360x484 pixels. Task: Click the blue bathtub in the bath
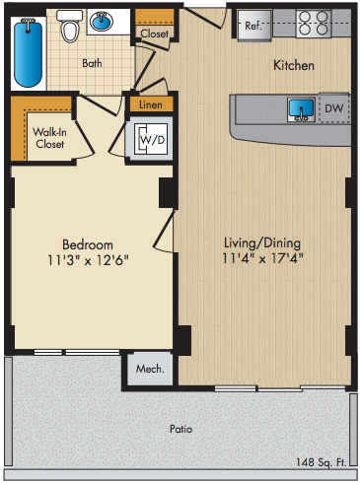pyautogui.click(x=28, y=53)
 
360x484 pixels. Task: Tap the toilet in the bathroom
pyautogui.click(x=70, y=26)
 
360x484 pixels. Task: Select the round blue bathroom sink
pyautogui.click(x=102, y=21)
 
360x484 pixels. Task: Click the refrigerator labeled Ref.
pyautogui.click(x=254, y=26)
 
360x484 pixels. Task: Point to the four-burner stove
pyautogui.click(x=314, y=23)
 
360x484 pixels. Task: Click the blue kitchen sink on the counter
pyautogui.click(x=301, y=109)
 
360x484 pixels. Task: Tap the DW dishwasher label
pyautogui.click(x=333, y=108)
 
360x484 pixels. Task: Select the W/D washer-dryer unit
pyautogui.click(x=151, y=139)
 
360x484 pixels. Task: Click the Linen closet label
pyautogui.click(x=151, y=104)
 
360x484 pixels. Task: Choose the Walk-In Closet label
pyautogui.click(x=49, y=138)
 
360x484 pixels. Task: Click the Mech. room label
pyautogui.click(x=150, y=369)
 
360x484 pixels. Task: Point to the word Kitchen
pyautogui.click(x=294, y=65)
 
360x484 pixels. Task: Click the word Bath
pyautogui.click(x=92, y=63)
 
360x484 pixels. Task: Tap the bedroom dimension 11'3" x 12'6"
pyautogui.click(x=88, y=260)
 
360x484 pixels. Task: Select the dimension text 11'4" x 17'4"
pyautogui.click(x=262, y=258)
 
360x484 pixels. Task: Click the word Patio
pyautogui.click(x=180, y=429)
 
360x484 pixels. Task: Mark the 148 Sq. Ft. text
pyautogui.click(x=322, y=462)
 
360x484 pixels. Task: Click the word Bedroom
pyautogui.click(x=88, y=244)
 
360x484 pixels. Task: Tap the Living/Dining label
pyautogui.click(x=262, y=243)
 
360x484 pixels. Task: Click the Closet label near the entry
pyautogui.click(x=154, y=34)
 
